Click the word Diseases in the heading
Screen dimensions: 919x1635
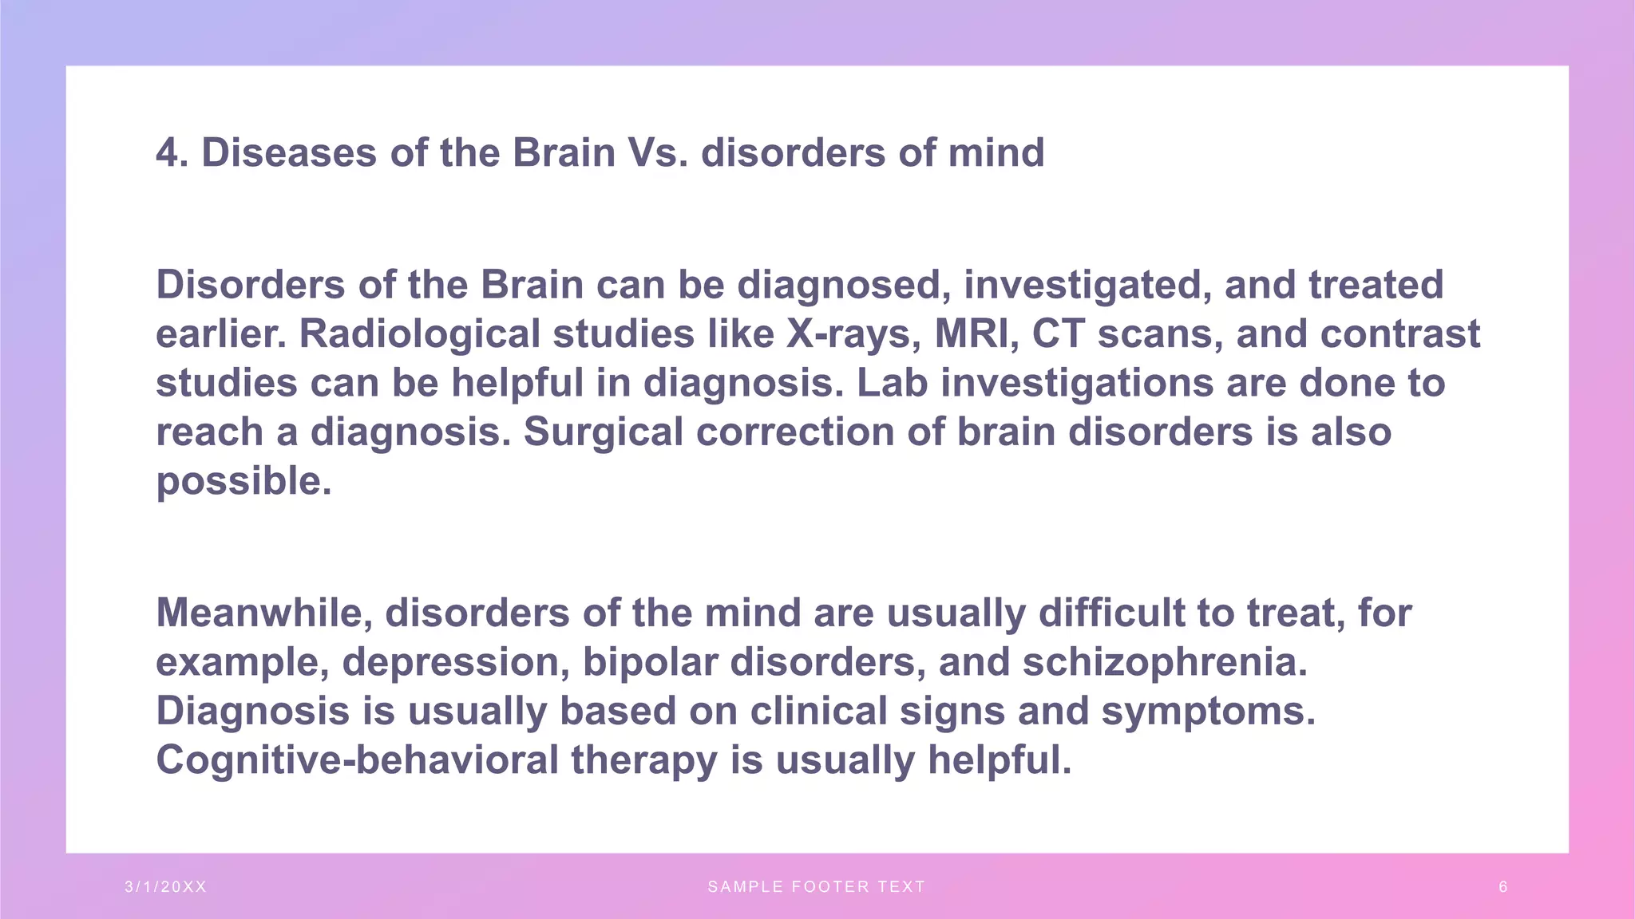point(288,152)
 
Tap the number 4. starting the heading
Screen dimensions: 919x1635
point(172,152)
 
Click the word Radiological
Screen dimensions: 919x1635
point(420,334)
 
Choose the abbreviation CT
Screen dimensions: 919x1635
point(1059,334)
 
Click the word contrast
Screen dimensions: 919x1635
point(1399,334)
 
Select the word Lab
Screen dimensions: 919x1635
point(892,383)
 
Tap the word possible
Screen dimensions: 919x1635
point(243,482)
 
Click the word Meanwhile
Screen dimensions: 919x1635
point(264,613)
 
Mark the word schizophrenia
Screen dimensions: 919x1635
point(1165,662)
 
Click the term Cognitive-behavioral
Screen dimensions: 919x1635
point(357,760)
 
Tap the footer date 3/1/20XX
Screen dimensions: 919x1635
point(166,886)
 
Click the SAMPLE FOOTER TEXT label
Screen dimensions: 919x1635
point(817,886)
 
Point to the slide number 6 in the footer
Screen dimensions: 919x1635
point(1503,886)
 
